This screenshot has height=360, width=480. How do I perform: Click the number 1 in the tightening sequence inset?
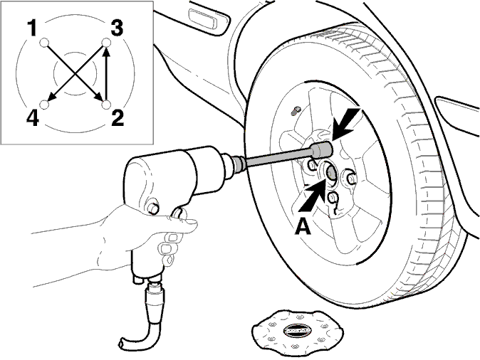pos(32,28)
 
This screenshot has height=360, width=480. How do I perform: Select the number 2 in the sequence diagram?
pos(118,118)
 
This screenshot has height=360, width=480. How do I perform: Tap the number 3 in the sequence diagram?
pos(117,28)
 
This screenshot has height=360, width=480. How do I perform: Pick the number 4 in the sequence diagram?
pos(33,118)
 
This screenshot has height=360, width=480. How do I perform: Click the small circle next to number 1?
pos(44,43)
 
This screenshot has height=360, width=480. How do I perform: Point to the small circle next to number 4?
pos(45,105)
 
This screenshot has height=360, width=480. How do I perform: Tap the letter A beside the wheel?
pos(303,227)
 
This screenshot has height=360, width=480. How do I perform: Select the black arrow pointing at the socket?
pos(347,123)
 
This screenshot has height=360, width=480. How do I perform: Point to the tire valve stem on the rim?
pos(296,111)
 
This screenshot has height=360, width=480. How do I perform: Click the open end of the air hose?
pos(122,344)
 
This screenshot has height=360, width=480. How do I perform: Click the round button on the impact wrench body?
pos(152,208)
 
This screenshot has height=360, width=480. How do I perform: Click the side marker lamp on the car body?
pos(208,21)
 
